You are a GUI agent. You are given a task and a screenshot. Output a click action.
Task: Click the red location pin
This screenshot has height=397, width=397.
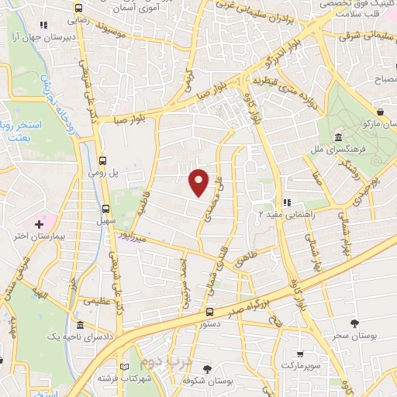(x=199, y=181)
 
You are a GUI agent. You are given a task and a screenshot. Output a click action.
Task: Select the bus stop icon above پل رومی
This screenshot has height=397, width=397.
(x=103, y=161)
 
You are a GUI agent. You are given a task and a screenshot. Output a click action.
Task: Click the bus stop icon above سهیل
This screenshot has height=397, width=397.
(x=107, y=208)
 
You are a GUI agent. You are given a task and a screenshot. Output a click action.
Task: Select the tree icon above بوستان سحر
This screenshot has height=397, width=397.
(x=354, y=323)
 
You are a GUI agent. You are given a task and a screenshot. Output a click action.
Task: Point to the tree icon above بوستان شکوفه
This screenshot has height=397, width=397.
(x=205, y=370)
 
